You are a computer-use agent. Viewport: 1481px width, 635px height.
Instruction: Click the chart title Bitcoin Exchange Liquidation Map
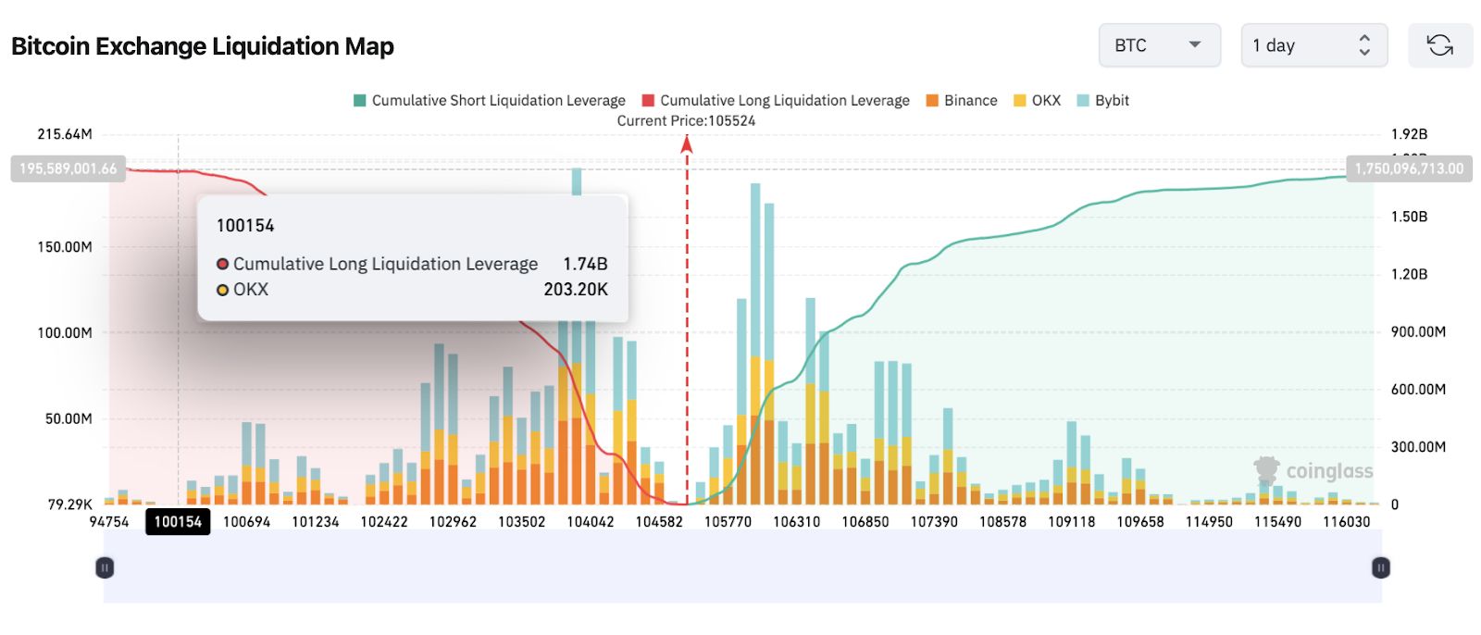pos(203,46)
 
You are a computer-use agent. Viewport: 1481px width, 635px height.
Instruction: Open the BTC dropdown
pos(1159,45)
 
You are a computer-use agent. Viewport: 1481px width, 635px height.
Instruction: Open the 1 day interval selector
pos(1313,45)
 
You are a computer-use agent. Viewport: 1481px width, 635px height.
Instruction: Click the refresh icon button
pos(1439,45)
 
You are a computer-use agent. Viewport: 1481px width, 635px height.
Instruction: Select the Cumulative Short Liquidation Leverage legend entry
pos(490,100)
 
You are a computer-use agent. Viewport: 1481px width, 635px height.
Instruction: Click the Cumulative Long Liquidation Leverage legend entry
pos(776,100)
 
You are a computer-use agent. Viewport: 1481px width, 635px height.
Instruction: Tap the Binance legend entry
pos(962,100)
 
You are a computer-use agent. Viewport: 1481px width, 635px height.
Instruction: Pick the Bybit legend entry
pos(1103,100)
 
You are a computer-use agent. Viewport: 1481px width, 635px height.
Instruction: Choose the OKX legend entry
pos(1038,100)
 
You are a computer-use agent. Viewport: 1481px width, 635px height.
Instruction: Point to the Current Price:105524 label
pos(686,120)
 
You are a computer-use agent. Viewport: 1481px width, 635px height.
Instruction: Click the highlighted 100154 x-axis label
pos(178,521)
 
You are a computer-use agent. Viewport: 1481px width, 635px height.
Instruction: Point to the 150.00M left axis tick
pos(65,246)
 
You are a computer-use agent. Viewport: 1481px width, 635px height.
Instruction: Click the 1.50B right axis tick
pos(1409,217)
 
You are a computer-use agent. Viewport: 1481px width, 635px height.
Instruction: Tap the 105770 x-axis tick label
pos(728,521)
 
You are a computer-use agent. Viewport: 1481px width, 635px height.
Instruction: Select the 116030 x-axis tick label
pos(1346,521)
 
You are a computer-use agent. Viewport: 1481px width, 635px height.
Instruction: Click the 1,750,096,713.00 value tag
pos(1409,168)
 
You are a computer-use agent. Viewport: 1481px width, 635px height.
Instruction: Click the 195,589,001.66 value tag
pos(68,168)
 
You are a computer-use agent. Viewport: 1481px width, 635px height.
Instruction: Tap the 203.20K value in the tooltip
pos(575,289)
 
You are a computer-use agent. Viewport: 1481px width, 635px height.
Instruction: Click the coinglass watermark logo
pos(1314,470)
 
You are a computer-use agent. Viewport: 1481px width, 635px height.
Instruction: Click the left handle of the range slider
pos(105,567)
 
